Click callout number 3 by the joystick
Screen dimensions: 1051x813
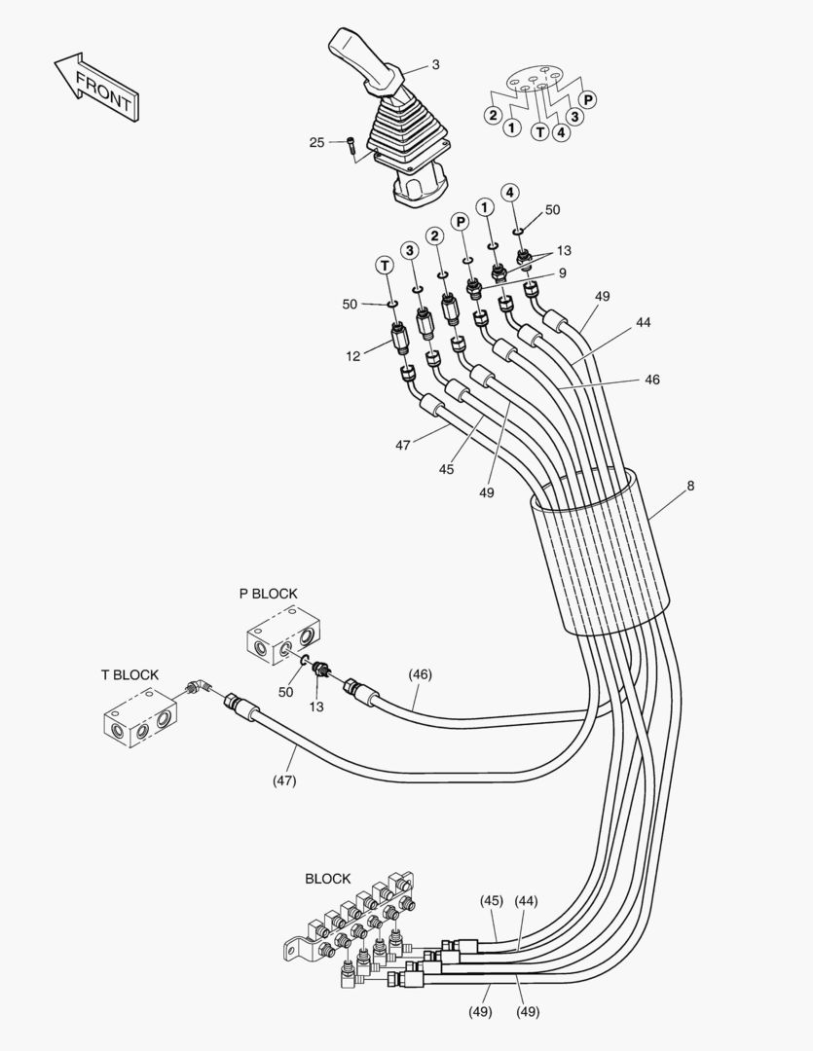pyautogui.click(x=435, y=65)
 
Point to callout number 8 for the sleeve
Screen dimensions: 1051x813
pyautogui.click(x=690, y=485)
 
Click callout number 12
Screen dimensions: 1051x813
pyautogui.click(x=352, y=356)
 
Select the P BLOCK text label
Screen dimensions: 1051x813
pyautogui.click(x=269, y=594)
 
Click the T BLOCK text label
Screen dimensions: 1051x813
pyautogui.click(x=129, y=674)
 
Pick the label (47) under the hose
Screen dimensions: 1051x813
pyautogui.click(x=284, y=780)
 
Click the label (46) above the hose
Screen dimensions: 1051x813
pyautogui.click(x=421, y=674)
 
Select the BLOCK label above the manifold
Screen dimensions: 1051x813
pyautogui.click(x=328, y=878)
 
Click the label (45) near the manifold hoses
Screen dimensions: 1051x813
pyautogui.click(x=491, y=901)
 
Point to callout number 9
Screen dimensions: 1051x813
pyautogui.click(x=563, y=274)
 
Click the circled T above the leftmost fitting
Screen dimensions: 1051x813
pyautogui.click(x=386, y=265)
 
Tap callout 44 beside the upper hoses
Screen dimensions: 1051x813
pyautogui.click(x=644, y=322)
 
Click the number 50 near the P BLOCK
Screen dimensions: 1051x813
pyautogui.click(x=286, y=691)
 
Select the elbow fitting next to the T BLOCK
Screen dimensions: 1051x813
pyautogui.click(x=198, y=689)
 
